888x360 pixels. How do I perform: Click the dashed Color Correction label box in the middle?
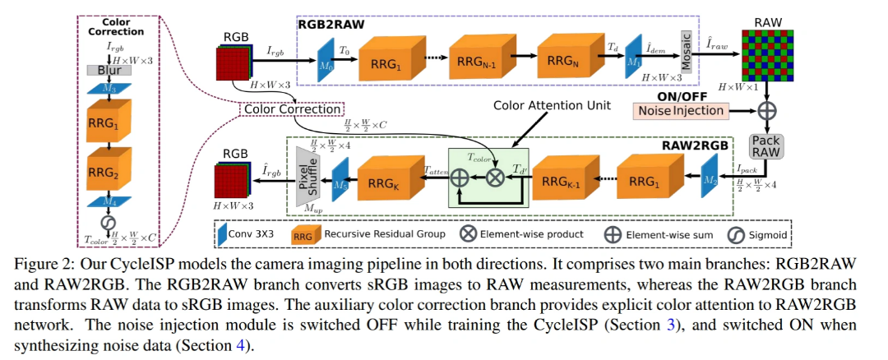tap(291, 108)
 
